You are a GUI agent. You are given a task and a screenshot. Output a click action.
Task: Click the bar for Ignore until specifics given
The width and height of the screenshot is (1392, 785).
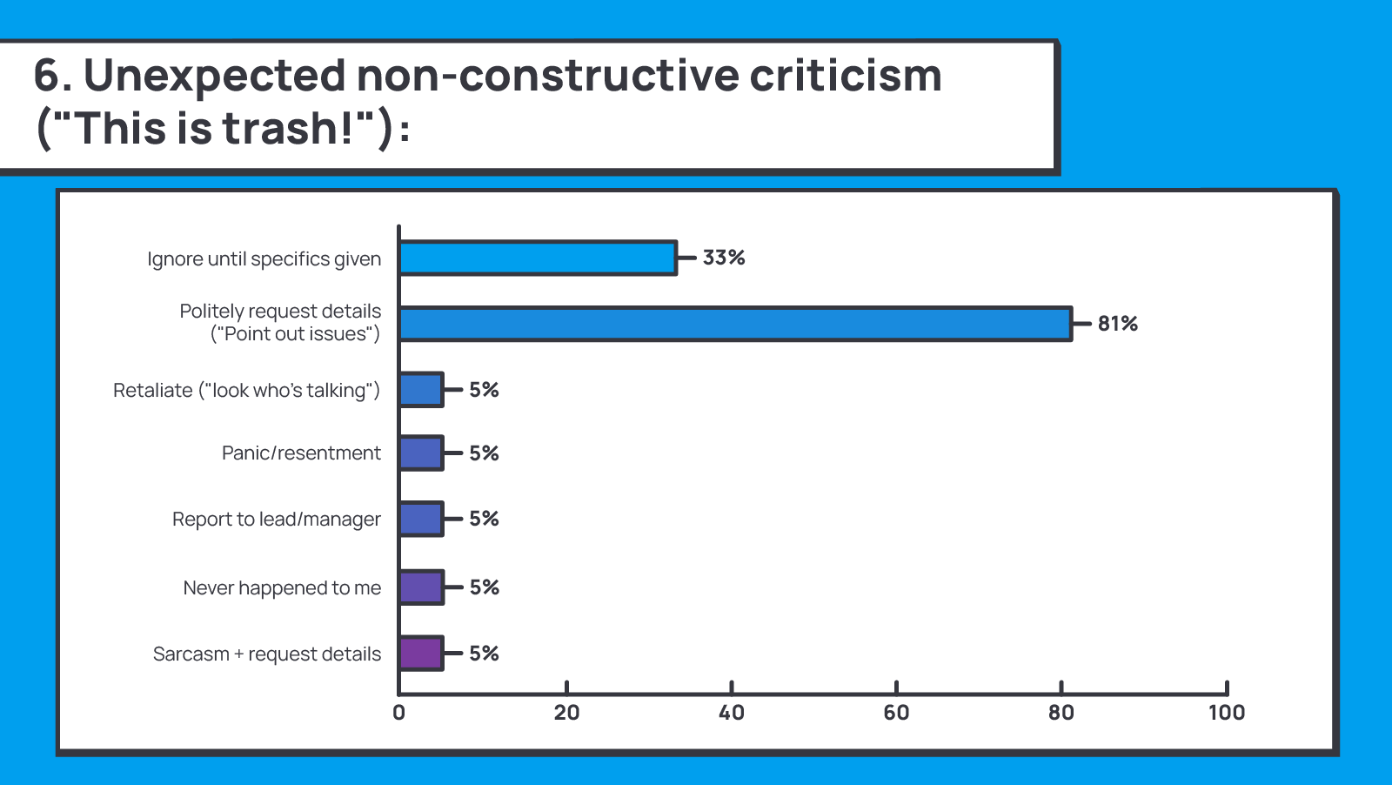point(538,258)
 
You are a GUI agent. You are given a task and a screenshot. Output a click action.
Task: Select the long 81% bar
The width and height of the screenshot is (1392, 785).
point(735,324)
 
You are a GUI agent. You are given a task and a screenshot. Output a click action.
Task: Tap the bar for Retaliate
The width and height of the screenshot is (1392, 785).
point(421,390)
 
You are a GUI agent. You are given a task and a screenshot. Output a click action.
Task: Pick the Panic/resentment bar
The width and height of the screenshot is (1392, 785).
point(421,453)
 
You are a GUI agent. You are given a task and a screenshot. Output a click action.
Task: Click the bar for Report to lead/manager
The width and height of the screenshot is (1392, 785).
point(421,519)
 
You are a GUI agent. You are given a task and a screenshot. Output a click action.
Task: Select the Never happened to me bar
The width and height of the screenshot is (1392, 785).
point(421,587)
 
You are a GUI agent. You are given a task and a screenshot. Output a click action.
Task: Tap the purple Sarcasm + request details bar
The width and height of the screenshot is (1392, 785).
point(421,654)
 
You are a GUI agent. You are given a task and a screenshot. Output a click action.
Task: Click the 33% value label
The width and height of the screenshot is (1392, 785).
point(724,258)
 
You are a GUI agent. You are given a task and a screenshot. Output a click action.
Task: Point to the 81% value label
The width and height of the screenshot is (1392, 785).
point(1118,324)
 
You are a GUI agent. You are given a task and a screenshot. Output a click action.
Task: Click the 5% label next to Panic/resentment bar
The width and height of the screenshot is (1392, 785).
point(485,453)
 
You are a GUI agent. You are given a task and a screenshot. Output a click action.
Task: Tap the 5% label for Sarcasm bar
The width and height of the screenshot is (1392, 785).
point(485,654)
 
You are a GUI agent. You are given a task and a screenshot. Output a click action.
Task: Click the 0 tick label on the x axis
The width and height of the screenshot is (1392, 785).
point(398,713)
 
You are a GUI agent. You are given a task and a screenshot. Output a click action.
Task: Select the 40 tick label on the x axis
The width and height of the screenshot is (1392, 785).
point(731,713)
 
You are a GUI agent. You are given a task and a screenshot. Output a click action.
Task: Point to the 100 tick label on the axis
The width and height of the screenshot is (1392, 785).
point(1226,713)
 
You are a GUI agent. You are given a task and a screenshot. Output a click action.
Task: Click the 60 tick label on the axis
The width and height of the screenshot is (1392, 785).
point(896,713)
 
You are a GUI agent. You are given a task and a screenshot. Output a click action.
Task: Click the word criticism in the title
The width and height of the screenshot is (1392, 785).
point(845,75)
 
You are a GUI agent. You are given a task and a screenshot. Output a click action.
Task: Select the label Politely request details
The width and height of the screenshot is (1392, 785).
point(280,312)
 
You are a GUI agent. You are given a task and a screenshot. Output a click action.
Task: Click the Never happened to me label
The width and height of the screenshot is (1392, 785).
point(282,588)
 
